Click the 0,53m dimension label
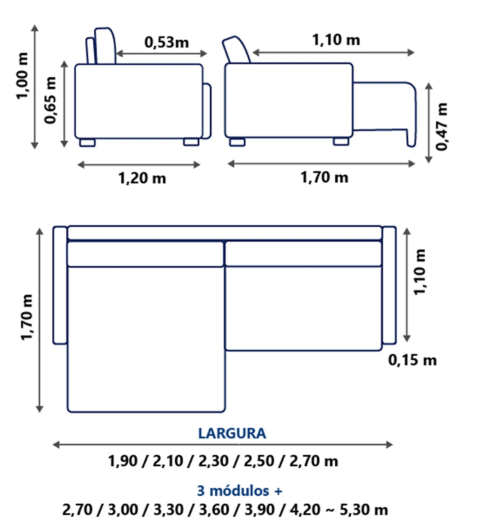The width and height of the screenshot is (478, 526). coord(166,42)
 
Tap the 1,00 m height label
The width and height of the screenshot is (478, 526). coord(22,76)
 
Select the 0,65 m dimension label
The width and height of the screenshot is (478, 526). coord(50,100)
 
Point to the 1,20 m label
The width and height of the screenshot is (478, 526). coord(142,178)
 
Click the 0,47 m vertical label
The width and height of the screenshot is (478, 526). coord(441,127)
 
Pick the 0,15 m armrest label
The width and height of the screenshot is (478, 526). coord(412,360)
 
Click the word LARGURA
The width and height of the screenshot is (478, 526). coord(232,433)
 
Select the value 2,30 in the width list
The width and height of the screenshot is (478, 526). coord(213,461)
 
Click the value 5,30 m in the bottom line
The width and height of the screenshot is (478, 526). coord(364,510)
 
